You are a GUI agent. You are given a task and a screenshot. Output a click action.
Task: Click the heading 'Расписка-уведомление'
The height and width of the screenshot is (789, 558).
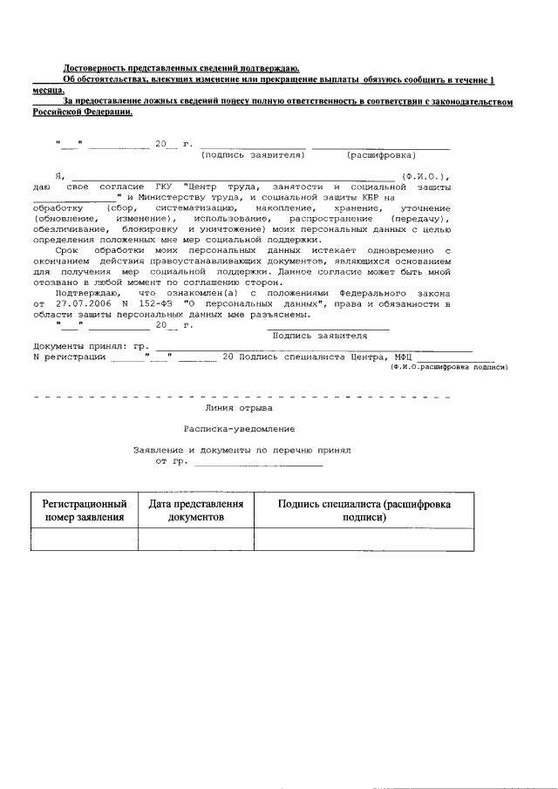click(x=239, y=429)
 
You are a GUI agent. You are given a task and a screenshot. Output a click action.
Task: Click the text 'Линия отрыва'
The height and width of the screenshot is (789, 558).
click(x=238, y=407)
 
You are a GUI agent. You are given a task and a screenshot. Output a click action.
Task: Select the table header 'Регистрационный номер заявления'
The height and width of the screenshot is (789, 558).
click(x=85, y=511)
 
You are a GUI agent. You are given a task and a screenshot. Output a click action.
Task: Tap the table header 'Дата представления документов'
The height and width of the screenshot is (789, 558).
click(x=195, y=511)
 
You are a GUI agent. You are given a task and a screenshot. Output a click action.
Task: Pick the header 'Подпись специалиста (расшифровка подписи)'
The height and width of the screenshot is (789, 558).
click(x=364, y=511)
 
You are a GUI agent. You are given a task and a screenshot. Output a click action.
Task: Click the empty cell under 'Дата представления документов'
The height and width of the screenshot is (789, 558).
click(x=195, y=541)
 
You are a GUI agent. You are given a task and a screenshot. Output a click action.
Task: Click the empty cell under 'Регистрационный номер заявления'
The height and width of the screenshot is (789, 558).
click(x=85, y=541)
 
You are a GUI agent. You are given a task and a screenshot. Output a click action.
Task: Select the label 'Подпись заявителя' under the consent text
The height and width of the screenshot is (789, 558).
click(x=319, y=335)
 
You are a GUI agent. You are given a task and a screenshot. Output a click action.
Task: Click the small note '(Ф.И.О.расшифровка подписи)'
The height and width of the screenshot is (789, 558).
click(x=449, y=367)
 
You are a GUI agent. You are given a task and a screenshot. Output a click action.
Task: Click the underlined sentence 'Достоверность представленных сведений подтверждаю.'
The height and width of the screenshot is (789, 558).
click(x=181, y=68)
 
